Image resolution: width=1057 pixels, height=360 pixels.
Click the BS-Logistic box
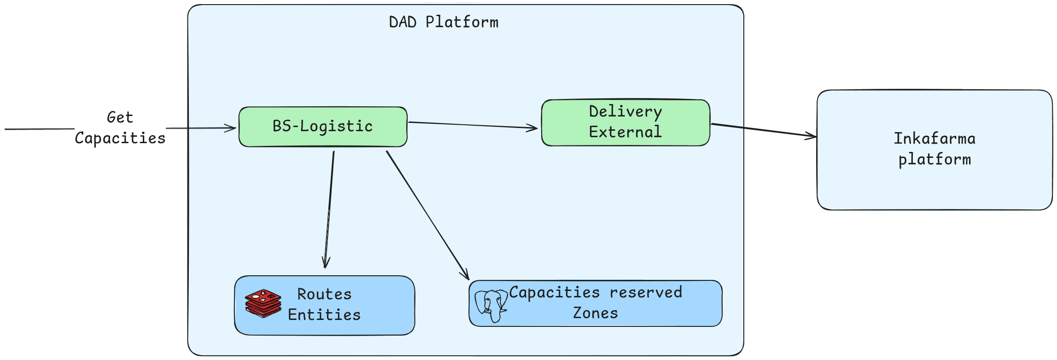point(322,127)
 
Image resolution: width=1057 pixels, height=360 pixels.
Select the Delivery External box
point(625,122)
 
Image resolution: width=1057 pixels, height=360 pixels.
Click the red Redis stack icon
point(263,303)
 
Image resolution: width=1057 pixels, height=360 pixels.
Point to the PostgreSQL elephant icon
point(491,305)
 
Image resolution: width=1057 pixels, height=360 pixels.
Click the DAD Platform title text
point(444,22)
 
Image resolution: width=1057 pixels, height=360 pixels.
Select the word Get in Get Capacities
point(120,117)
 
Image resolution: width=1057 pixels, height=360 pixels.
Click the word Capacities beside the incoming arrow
point(120,138)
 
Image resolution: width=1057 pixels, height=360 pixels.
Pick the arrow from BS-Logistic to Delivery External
point(472,125)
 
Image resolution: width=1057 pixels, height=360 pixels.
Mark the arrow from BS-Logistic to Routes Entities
point(329,209)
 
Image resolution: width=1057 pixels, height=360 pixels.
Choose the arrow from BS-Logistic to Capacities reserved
point(427,215)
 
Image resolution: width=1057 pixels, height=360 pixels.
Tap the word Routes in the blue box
point(324,294)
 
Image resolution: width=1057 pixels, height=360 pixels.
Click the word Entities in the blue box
point(324,315)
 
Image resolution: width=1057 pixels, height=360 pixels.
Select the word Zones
point(595,313)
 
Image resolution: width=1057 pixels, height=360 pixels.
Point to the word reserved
point(646,292)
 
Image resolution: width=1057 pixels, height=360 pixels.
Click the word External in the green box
point(625,132)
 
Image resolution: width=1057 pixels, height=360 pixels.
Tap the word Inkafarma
point(934,139)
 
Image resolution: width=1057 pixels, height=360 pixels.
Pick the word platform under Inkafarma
point(934,159)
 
